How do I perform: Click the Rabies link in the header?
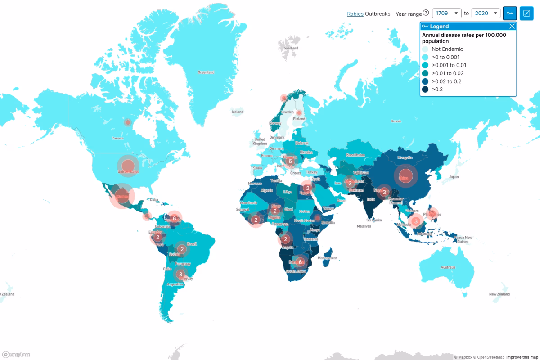coord(355,13)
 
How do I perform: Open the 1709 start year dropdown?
coord(447,13)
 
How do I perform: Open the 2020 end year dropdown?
coord(486,13)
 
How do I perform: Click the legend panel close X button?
coord(512,27)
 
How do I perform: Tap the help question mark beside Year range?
coord(426,13)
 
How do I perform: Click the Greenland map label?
coord(206,72)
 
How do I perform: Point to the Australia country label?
coord(448,267)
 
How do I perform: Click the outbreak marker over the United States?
coord(128,166)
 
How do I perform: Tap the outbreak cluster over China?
coord(406,176)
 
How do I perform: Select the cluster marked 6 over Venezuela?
coord(174,218)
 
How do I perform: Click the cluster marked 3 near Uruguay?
coord(180,274)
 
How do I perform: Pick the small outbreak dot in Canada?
coord(128,122)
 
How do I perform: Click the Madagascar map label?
coord(327,258)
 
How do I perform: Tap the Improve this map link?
coord(522,357)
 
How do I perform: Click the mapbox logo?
coord(16,354)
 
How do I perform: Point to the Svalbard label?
coord(291,48)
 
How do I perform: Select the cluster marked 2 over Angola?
coord(285,239)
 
